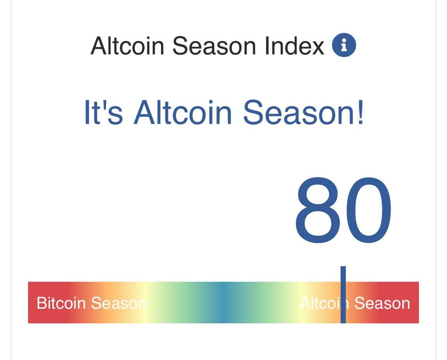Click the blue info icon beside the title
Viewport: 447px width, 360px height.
(344, 45)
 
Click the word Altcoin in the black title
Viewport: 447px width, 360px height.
(127, 46)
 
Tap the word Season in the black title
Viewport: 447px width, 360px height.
(214, 46)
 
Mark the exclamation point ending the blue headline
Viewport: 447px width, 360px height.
(359, 112)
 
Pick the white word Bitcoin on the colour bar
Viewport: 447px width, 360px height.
(61, 303)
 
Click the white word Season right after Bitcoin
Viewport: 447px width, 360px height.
(119, 303)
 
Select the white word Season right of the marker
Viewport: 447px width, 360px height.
(382, 303)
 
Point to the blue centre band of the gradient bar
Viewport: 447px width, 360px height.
(223, 302)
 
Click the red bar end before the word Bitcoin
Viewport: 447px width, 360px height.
(32, 302)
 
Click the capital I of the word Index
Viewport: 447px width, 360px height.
(267, 46)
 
